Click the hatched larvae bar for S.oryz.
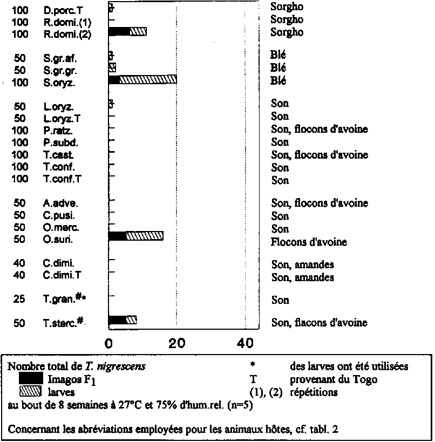click(x=148, y=79)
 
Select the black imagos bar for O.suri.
click(x=117, y=236)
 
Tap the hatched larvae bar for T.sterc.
click(x=131, y=320)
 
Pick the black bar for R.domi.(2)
click(x=119, y=31)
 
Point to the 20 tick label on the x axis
click(x=176, y=344)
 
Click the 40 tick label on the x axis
click(x=245, y=344)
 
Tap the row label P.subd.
click(x=60, y=142)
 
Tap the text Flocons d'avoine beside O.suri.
click(x=309, y=242)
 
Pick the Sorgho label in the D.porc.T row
click(x=287, y=7)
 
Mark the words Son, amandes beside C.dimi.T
click(x=302, y=277)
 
